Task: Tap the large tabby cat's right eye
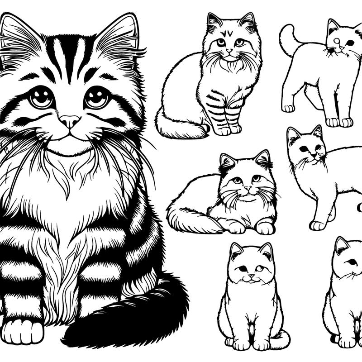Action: click(98, 96)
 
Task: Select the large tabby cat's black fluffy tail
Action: click(136, 317)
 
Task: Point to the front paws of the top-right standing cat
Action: click(339, 122)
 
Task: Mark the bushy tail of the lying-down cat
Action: click(186, 217)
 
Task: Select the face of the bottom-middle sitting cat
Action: click(251, 267)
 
